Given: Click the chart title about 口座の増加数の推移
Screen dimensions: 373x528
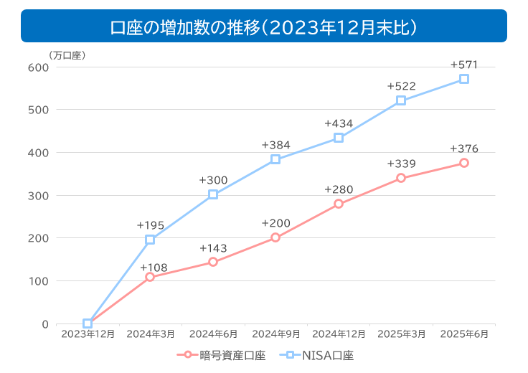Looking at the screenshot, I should click(x=264, y=27).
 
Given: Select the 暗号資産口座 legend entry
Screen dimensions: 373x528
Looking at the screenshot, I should click(x=222, y=354).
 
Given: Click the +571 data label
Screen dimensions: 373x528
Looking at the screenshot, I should click(x=464, y=65).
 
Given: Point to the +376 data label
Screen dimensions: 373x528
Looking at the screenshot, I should click(x=464, y=148).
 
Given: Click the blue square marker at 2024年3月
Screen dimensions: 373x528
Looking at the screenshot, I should click(x=150, y=240).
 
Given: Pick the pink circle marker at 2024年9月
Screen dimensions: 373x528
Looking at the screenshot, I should click(x=275, y=237).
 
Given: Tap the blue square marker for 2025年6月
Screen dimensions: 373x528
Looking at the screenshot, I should click(x=464, y=79).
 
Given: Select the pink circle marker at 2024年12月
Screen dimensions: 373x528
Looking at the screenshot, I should click(x=339, y=204).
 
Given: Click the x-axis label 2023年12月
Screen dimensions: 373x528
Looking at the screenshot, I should click(x=88, y=334).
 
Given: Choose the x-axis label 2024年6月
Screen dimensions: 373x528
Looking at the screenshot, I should click(x=213, y=334).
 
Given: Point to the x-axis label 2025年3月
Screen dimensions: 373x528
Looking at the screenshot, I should click(x=401, y=334).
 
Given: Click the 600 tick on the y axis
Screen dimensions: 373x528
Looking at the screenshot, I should click(x=38, y=67).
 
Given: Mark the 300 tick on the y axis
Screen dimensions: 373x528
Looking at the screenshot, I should click(x=38, y=195).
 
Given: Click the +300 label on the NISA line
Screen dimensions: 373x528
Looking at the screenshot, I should click(x=213, y=180).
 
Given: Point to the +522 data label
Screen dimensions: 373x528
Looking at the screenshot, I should click(x=401, y=86).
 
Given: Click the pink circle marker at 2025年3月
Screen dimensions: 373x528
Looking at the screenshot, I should click(x=401, y=178).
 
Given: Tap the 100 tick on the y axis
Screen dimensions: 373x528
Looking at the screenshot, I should click(x=38, y=280).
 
